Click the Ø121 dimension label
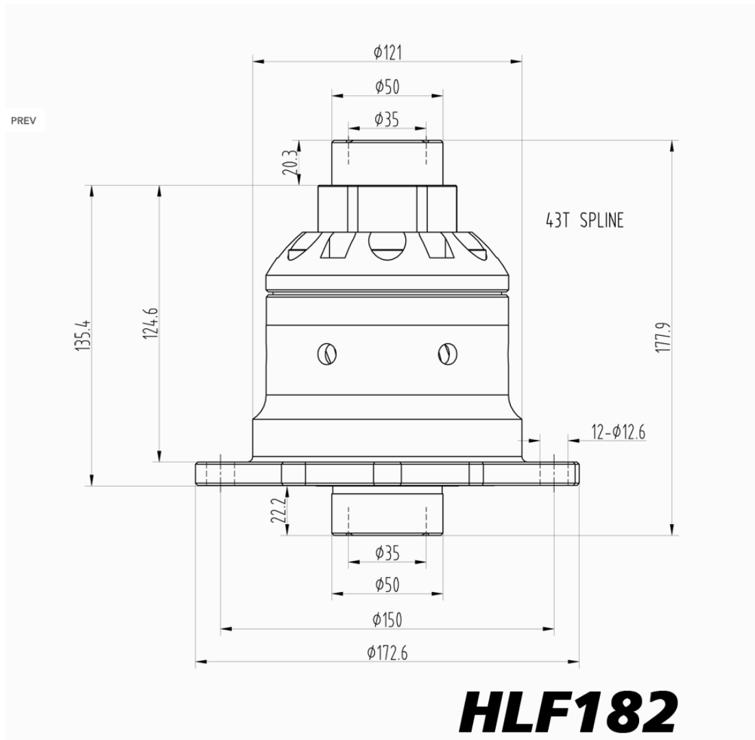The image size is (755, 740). [387, 52]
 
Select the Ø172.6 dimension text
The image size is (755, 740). [387, 653]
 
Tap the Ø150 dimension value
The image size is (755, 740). [387, 619]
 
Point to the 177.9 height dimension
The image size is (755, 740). [664, 338]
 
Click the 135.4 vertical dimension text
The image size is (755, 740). [83, 335]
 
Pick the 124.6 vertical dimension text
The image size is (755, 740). [151, 323]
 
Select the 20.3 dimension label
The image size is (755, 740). [290, 162]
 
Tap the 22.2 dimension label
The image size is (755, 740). [278, 510]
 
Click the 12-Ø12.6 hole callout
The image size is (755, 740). [619, 432]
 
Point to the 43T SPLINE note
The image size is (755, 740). [584, 221]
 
